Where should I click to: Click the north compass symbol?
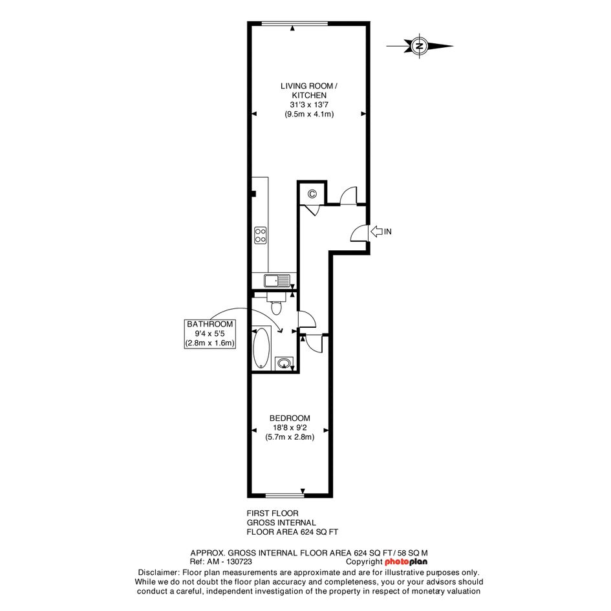pos(420,46)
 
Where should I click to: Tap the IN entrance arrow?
pos(376,231)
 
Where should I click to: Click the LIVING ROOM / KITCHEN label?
pos(309,91)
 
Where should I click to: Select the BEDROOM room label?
pos(290,418)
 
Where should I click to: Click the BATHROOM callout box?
pos(210,334)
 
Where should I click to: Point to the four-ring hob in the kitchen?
pos(261,235)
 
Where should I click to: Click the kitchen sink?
pos(277,281)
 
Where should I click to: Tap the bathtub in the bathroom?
pos(261,348)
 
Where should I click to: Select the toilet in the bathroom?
pos(276,303)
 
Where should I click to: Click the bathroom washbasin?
pos(284,363)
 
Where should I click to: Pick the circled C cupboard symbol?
pos(312,194)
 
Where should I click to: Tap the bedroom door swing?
pos(314,343)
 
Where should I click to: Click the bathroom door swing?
pos(307,319)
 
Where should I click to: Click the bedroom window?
pos(284,496)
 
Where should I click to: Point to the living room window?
pos(295,24)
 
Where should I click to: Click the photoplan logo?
pos(406,562)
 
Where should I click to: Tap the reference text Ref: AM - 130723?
pos(221,562)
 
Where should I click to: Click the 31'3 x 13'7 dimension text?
pos(309,105)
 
